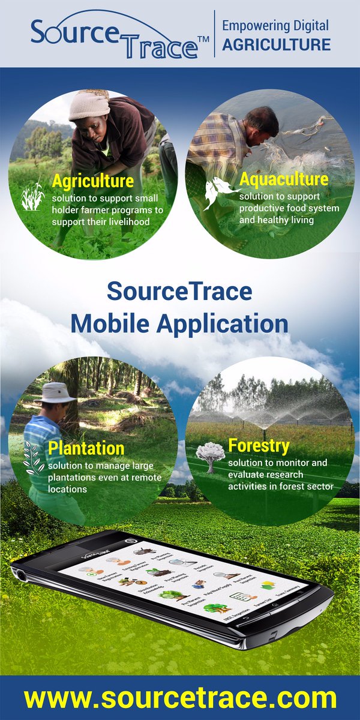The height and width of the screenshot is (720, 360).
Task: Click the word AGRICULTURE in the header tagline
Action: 276,44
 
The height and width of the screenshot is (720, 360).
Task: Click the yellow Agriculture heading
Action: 92,181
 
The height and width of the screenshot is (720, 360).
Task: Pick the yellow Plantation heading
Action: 86,448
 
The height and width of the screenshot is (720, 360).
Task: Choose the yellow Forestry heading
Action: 259,446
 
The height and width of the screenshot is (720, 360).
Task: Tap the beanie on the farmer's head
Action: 89,106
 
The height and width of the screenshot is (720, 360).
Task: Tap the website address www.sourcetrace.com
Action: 180,698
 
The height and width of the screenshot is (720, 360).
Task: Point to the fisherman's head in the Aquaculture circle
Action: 262,122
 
